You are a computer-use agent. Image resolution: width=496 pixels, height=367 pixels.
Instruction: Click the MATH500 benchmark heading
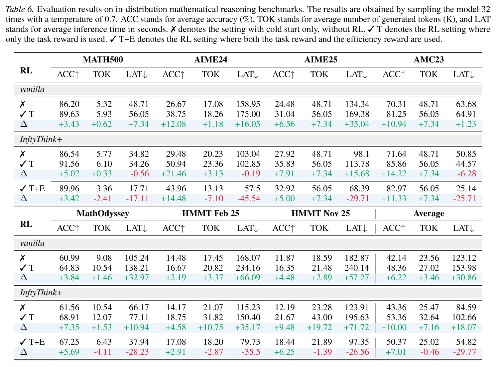pos(103,59)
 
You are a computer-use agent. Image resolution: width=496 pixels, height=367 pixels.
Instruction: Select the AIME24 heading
pos(211,59)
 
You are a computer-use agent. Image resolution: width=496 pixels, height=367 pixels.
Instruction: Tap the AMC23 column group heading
pos(429,59)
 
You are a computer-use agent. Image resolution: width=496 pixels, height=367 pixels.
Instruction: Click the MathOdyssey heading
pos(103,214)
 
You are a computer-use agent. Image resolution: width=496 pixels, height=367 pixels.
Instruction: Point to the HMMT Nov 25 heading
pos(320,213)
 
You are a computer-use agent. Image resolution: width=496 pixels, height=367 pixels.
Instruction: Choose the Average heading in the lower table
pos(429,214)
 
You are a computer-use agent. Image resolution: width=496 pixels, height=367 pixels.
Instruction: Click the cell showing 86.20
pos(69,104)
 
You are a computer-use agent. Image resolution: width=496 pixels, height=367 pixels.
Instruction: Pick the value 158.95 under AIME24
pos(248,104)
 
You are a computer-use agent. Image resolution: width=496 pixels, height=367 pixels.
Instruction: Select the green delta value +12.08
pos(174,124)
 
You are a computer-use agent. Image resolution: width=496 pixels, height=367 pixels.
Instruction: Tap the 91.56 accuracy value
pos(69,164)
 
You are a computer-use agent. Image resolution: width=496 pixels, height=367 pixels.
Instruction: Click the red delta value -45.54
pos(249,198)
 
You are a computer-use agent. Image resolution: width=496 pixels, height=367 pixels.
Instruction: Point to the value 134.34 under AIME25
pos(357,104)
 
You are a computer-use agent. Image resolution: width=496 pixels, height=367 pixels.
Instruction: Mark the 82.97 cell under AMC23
pos(396,188)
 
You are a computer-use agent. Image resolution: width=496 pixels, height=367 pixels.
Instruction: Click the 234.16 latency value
pos(248,268)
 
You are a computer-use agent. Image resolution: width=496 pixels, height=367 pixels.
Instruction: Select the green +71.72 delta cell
pos(356,327)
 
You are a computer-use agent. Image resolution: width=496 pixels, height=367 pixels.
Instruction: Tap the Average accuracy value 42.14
pos(396,258)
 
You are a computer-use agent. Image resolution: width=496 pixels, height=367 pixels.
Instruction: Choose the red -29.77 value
pos(464,352)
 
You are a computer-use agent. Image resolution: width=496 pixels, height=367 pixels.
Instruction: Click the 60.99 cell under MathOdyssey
pos(69,258)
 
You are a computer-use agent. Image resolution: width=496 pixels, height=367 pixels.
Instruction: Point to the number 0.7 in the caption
pos(111,19)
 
